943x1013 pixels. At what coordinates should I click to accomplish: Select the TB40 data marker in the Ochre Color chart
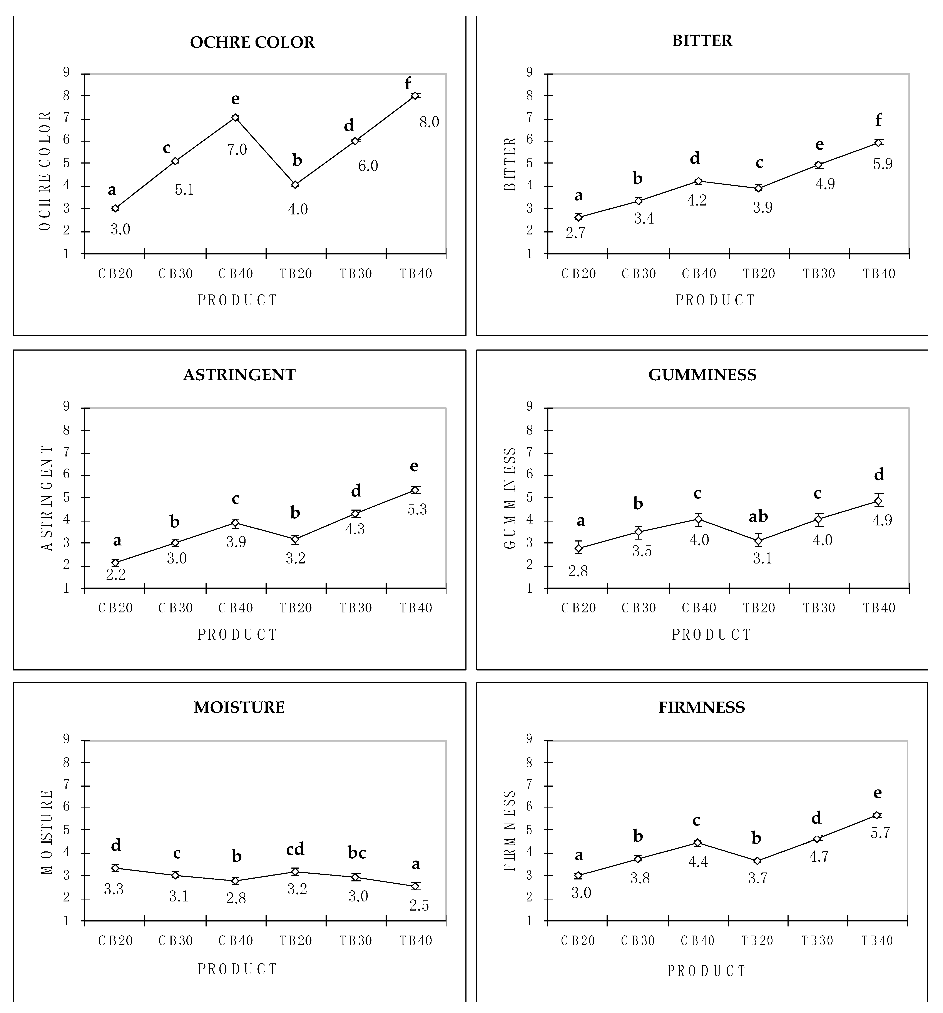(x=415, y=96)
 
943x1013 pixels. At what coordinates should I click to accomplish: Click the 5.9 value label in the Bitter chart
(x=882, y=164)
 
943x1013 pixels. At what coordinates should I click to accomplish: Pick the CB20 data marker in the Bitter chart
(x=578, y=217)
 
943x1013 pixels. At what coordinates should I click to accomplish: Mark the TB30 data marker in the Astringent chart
(x=355, y=514)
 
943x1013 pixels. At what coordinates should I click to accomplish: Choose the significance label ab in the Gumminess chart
(x=758, y=517)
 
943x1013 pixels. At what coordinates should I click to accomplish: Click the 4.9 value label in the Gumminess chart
(x=882, y=520)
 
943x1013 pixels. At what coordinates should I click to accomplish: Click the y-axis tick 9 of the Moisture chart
(x=66, y=739)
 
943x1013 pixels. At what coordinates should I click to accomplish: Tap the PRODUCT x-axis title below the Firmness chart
(x=707, y=971)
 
